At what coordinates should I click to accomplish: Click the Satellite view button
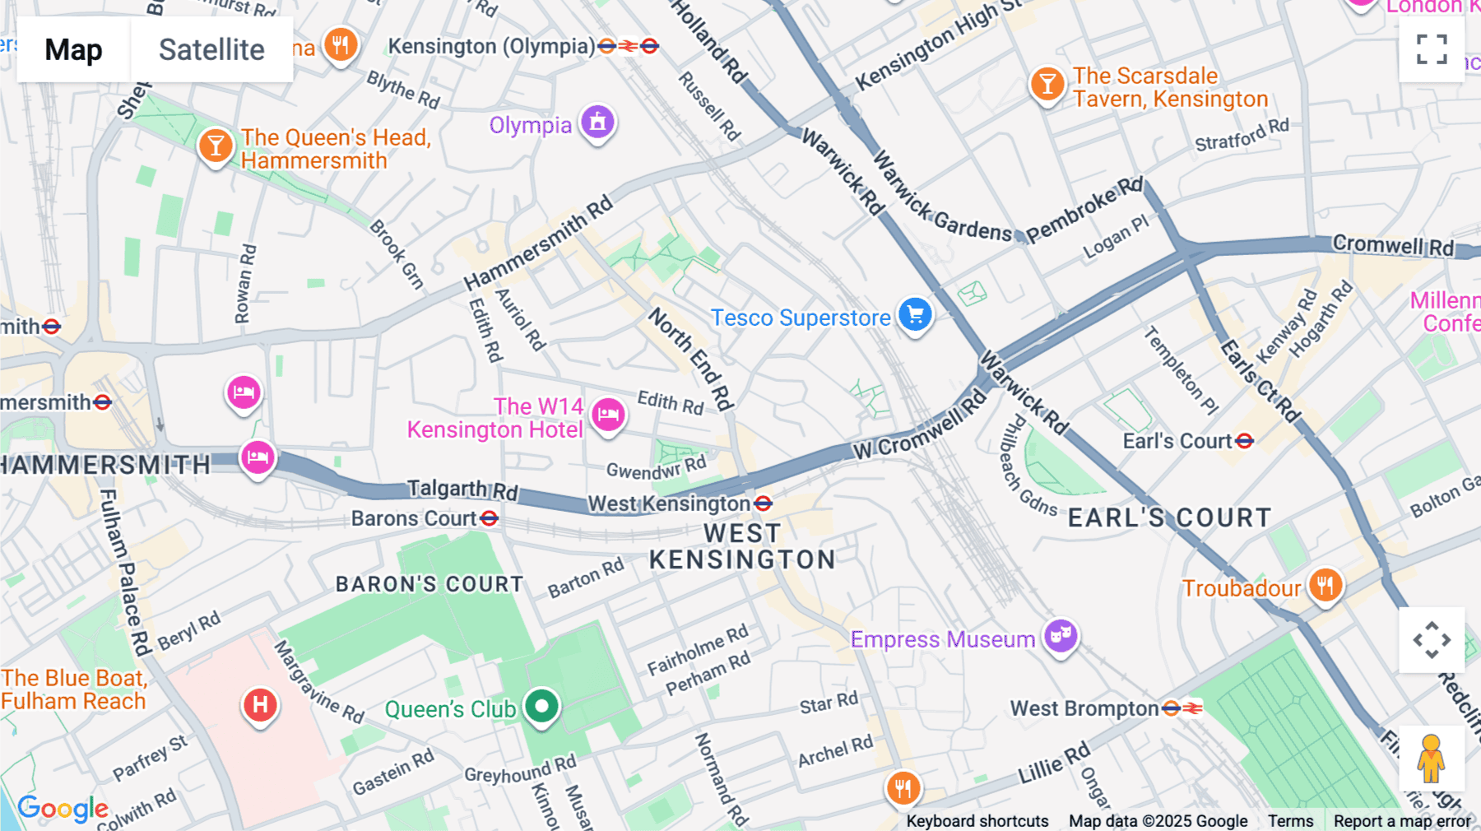[x=211, y=49]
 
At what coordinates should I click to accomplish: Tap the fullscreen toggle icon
[x=1432, y=49]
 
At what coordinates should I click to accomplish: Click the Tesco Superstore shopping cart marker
[x=915, y=314]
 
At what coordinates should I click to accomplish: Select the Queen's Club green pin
[x=541, y=706]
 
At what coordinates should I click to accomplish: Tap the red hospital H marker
[x=260, y=705]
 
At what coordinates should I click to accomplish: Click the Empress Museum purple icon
[x=1061, y=636]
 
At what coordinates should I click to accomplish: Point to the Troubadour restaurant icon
[x=1325, y=586]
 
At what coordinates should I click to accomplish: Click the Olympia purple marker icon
[x=598, y=123]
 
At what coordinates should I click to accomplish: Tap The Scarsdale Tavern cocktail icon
[x=1047, y=85]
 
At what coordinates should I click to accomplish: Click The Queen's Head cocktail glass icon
[x=216, y=146]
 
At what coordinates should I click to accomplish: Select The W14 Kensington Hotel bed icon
[x=608, y=414]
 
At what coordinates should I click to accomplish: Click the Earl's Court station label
[x=1177, y=442]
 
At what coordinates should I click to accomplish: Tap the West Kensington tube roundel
[x=763, y=503]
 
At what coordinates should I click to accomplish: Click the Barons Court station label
[x=414, y=518]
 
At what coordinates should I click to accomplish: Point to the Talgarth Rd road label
[x=462, y=490]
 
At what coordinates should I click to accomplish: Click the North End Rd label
[x=690, y=358]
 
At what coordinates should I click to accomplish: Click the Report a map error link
[x=1402, y=821]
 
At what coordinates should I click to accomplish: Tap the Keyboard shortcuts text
[x=977, y=821]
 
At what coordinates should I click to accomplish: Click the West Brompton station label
[x=1084, y=708]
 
